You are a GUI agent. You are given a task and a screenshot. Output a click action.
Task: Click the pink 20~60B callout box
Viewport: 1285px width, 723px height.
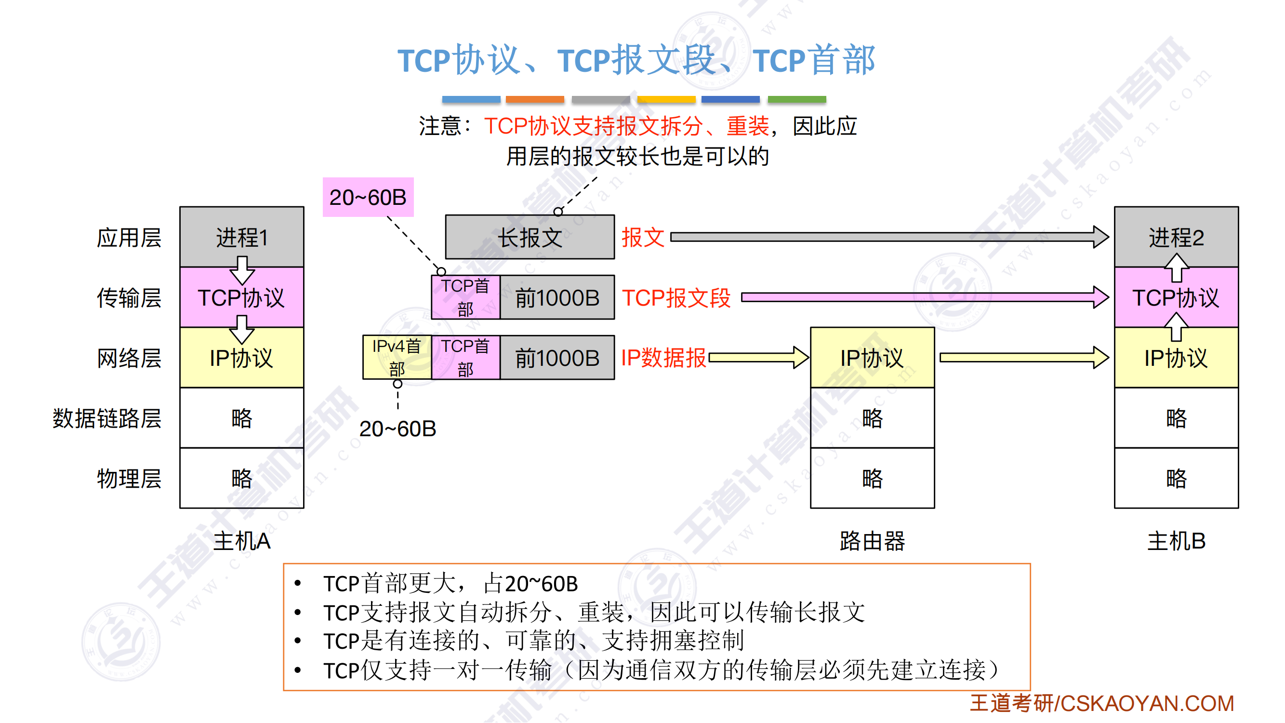[368, 197]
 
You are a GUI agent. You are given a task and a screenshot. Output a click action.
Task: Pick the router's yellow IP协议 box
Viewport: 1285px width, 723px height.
[872, 357]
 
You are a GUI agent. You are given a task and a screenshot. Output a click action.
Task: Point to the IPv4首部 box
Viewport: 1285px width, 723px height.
[397, 357]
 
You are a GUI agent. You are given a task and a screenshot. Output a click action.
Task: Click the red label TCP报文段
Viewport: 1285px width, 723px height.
[676, 298]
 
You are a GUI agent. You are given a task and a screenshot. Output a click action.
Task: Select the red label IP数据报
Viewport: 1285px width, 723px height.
[663, 358]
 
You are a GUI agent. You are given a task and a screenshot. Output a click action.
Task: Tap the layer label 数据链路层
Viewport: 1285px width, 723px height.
[107, 418]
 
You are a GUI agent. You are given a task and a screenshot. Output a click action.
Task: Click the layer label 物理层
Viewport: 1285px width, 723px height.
[129, 478]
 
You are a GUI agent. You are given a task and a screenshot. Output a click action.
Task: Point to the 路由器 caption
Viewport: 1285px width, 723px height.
[872, 541]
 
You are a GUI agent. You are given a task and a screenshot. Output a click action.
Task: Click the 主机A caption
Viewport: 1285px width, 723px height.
[241, 541]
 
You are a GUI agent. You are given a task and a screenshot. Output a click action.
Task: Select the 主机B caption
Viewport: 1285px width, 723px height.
[1176, 541]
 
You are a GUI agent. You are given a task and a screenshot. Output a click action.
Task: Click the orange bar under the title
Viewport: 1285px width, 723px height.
[535, 99]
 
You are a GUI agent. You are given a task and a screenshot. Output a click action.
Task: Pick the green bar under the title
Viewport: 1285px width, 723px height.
[796, 99]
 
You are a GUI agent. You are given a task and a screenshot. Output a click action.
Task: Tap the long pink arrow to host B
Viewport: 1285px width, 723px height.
[923, 298]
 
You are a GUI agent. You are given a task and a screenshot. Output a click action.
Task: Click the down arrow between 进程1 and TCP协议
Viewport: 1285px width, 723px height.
[242, 270]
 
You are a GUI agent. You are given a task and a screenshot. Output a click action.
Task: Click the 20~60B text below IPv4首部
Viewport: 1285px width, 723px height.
[397, 428]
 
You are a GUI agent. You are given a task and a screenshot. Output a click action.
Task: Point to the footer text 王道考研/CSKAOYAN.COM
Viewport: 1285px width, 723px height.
[1101, 703]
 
